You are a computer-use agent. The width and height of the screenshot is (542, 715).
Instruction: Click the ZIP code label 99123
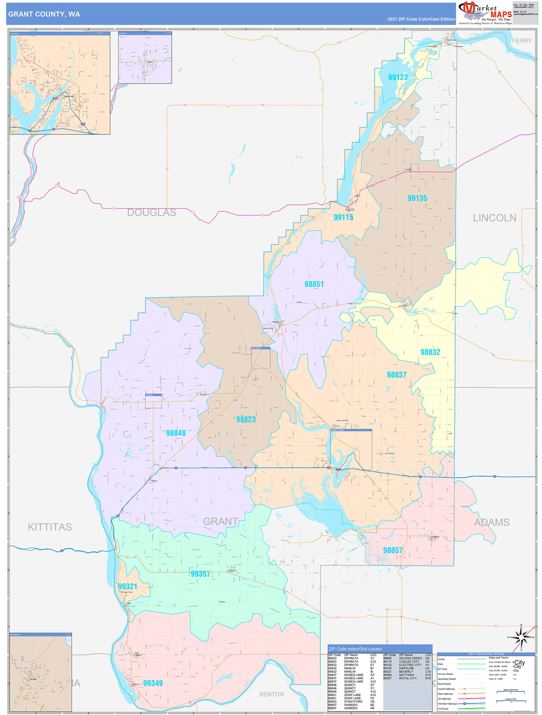(x=398, y=77)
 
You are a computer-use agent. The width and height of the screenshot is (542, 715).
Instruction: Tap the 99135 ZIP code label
(x=417, y=198)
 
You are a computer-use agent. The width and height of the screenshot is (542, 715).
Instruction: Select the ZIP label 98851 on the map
(x=314, y=284)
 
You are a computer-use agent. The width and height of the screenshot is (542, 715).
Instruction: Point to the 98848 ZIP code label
(x=176, y=433)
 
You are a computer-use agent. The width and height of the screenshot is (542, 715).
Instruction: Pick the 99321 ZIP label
(x=127, y=586)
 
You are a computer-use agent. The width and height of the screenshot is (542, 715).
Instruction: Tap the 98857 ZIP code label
(x=392, y=550)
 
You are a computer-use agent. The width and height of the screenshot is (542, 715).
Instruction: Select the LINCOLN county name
(x=494, y=218)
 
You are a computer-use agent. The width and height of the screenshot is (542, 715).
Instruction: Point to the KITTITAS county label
(x=49, y=527)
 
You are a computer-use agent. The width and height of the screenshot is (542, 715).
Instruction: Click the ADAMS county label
(x=491, y=522)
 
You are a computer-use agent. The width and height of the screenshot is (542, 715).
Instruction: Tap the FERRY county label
(x=522, y=41)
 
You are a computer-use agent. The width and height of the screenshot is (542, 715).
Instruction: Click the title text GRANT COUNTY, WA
(x=44, y=14)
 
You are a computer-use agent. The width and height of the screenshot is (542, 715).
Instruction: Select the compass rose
(x=521, y=638)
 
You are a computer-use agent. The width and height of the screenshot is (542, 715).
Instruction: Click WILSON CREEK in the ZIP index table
(x=410, y=658)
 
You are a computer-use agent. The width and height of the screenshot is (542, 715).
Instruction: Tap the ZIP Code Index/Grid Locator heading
(x=355, y=649)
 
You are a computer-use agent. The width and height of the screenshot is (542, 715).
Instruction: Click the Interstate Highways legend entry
(x=447, y=704)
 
